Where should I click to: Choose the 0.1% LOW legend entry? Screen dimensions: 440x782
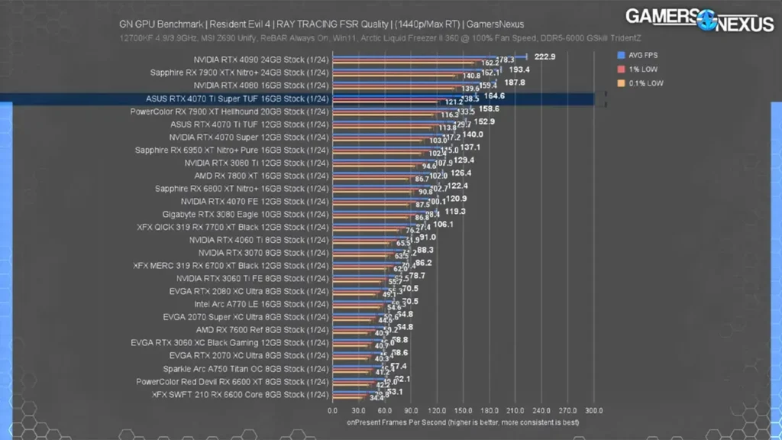(641, 82)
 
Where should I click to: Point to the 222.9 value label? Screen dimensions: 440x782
(544, 57)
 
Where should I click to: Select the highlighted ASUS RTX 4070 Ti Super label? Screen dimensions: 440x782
(237, 99)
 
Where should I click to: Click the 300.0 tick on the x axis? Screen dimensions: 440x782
(593, 410)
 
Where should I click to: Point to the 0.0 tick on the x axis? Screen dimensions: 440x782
(332, 410)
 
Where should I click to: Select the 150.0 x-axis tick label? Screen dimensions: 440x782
(463, 410)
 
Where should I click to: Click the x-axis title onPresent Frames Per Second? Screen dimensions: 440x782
(463, 422)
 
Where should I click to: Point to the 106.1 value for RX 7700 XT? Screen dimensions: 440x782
(443, 225)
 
